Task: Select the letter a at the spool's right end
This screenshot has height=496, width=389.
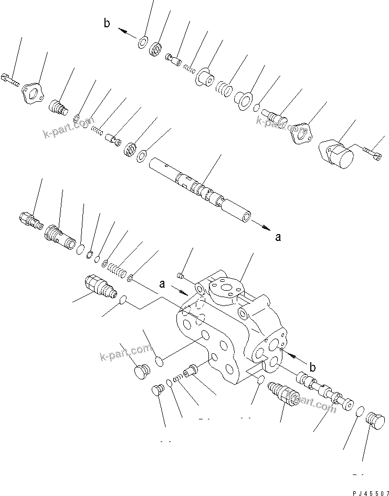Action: [x=278, y=237]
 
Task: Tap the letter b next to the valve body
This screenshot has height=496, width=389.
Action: [x=312, y=367]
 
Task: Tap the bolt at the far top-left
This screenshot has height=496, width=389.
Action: [x=10, y=80]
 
